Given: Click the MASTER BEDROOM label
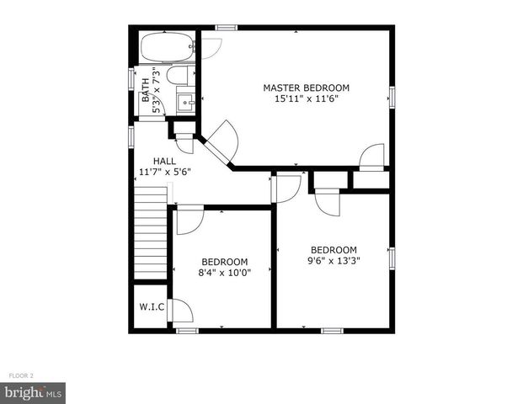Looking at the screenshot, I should (306, 88).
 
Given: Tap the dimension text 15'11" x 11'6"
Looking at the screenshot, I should (306, 98).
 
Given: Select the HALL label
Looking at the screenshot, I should (164, 160).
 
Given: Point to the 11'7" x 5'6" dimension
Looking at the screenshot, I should (165, 172).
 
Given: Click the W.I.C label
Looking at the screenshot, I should (151, 306).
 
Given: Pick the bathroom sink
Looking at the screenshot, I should (185, 103).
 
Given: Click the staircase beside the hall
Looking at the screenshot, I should (152, 221).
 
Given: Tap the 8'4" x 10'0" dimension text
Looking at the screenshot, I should (224, 273).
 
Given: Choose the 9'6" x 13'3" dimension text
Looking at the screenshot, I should (334, 261).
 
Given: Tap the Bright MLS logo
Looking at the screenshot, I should (34, 392).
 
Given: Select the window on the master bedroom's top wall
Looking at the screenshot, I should (225, 28).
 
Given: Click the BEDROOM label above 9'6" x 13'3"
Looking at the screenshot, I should (334, 250).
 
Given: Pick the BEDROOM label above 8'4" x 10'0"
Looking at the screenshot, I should (224, 261).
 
